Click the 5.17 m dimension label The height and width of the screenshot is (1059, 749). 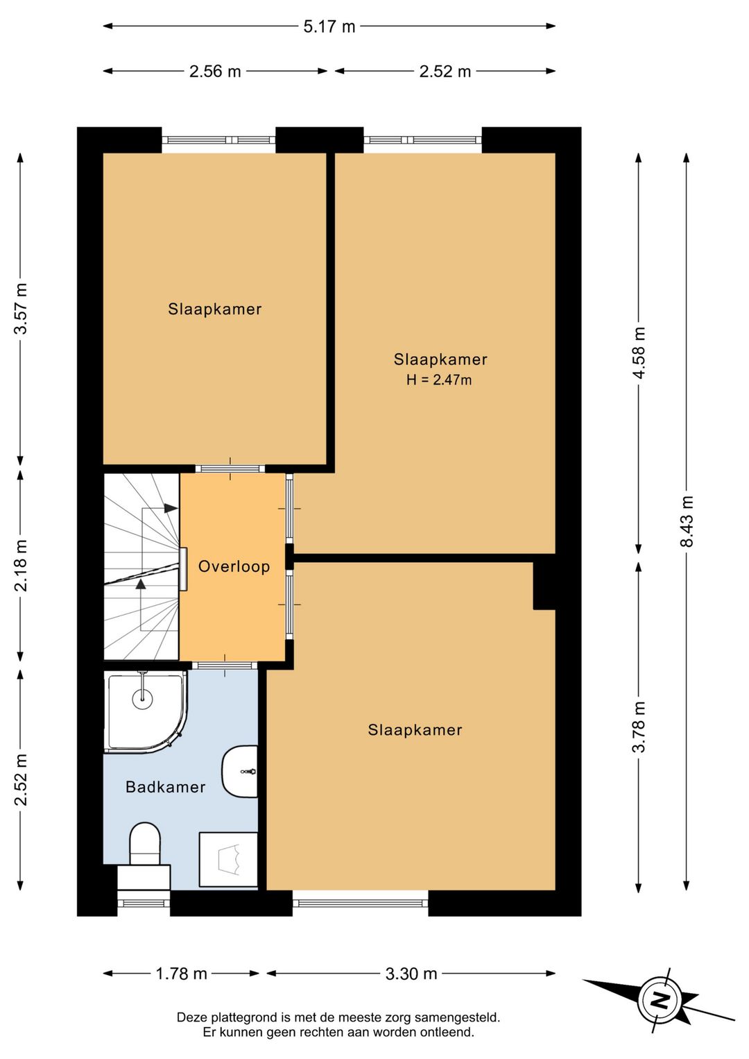point(329,26)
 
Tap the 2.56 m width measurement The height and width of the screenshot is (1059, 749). point(215,71)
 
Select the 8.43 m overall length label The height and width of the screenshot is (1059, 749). point(686,521)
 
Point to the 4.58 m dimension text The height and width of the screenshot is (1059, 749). point(639,353)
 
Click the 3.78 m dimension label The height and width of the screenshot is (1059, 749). point(639,727)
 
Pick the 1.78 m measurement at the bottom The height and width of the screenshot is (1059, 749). point(181,974)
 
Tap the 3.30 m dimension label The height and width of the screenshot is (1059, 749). point(411,974)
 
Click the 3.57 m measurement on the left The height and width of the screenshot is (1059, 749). point(21,308)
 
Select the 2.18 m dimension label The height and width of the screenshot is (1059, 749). point(21,566)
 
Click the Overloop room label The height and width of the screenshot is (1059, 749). point(234,566)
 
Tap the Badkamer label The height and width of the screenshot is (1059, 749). point(165,787)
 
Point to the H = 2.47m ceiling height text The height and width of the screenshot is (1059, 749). point(439,380)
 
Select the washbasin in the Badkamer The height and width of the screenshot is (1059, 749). point(240,772)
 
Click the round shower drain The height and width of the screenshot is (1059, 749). point(142,697)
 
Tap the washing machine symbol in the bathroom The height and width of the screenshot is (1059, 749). point(228,859)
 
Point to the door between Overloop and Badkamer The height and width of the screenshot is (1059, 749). point(225,666)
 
